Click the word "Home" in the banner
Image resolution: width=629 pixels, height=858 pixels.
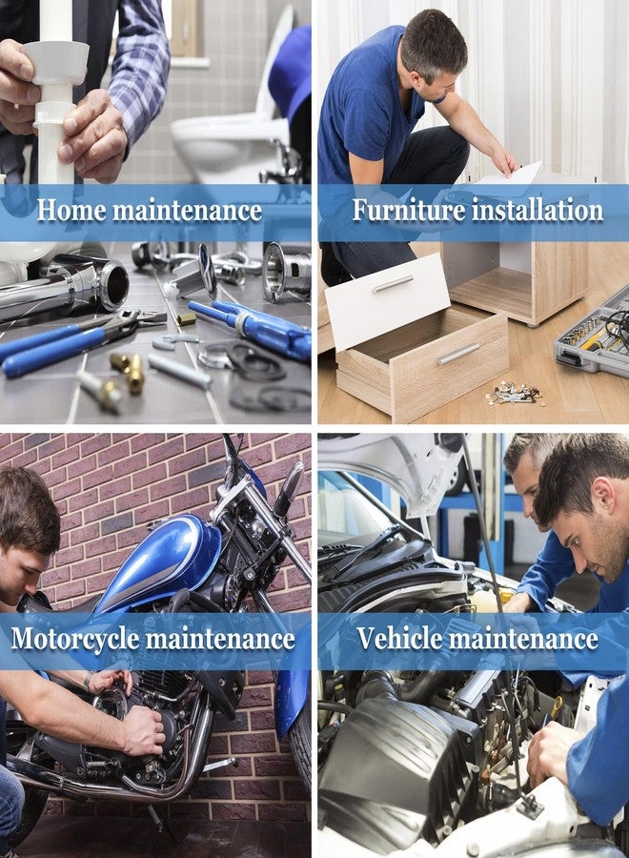pos(71,211)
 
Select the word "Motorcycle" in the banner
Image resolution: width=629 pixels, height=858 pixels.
pos(75,639)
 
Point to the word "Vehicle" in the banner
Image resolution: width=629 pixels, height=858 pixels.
pos(399,638)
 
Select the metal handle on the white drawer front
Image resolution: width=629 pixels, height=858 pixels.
pos(393,283)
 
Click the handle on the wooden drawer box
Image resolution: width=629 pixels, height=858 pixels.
pos(458,354)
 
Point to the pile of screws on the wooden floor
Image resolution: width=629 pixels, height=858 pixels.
pos(514,393)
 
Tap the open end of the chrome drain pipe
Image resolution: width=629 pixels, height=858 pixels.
pos(113,284)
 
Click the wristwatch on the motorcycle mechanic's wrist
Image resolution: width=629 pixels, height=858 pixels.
pos(88,682)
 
